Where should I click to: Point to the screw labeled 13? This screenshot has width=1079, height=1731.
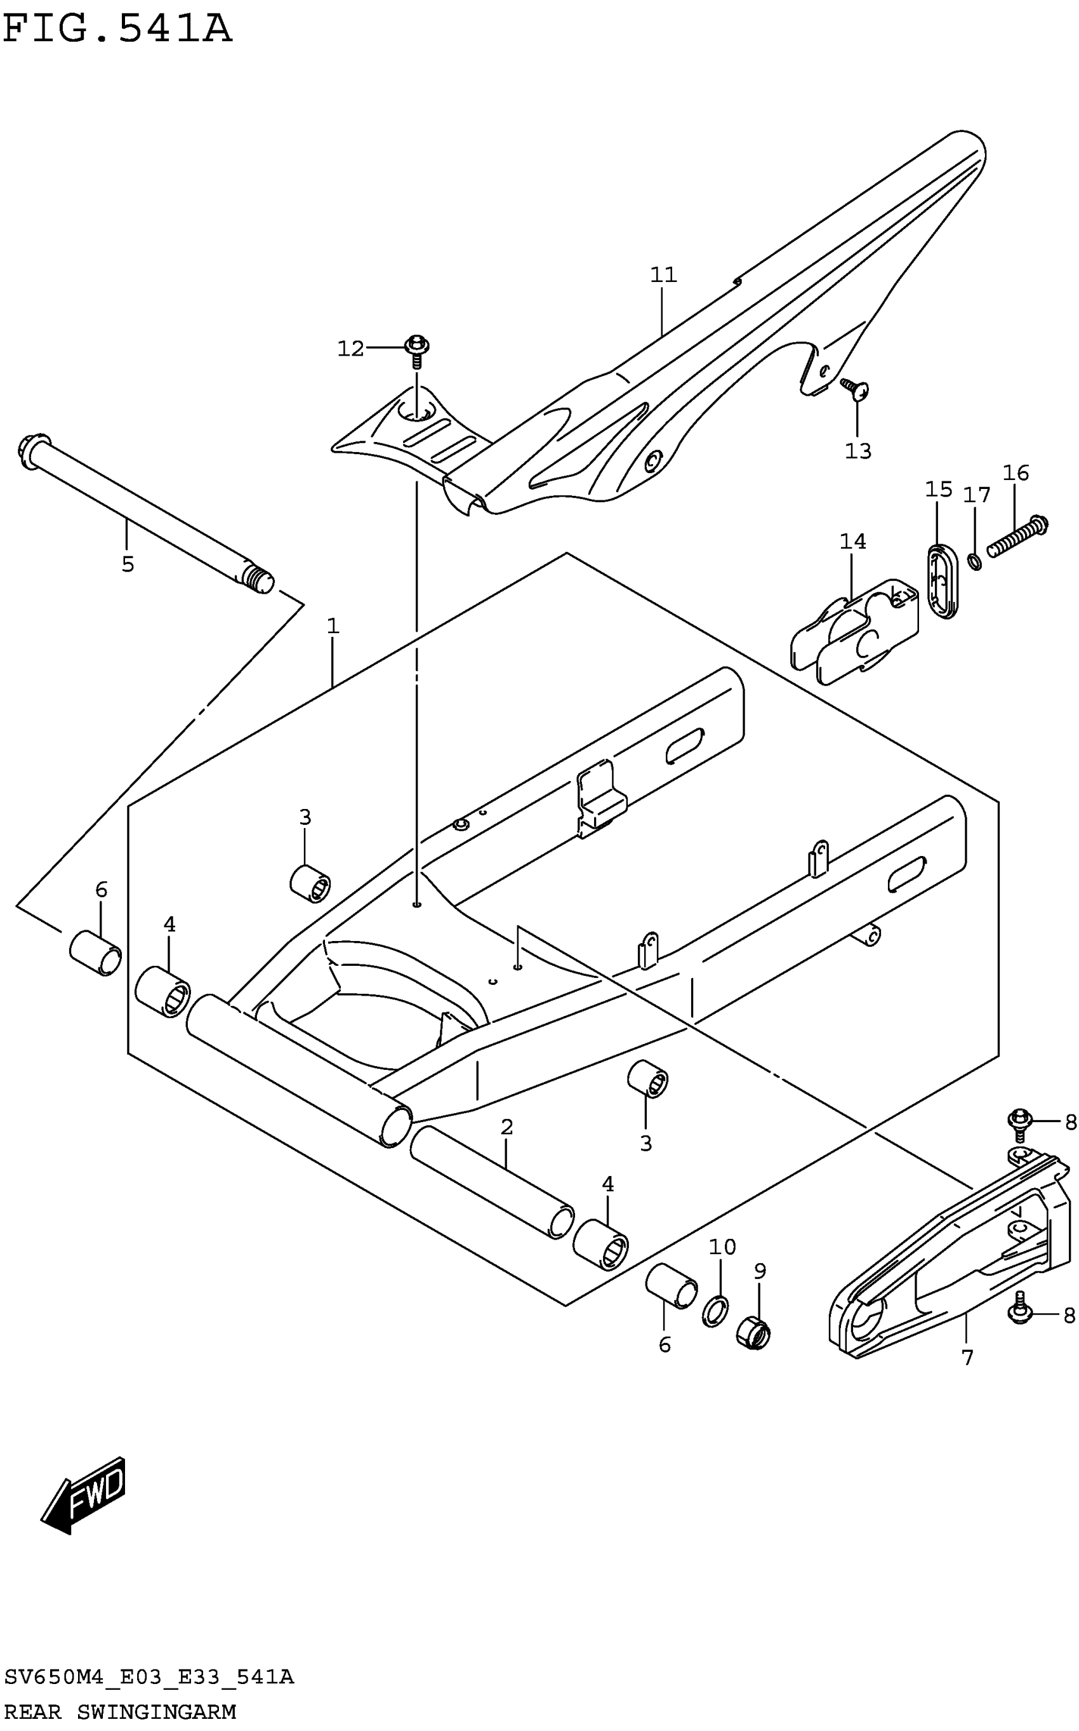854,389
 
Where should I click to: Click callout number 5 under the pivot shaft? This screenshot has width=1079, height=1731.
128,565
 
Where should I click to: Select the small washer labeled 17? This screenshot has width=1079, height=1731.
974,562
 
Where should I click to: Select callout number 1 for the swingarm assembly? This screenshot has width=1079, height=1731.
333,626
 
